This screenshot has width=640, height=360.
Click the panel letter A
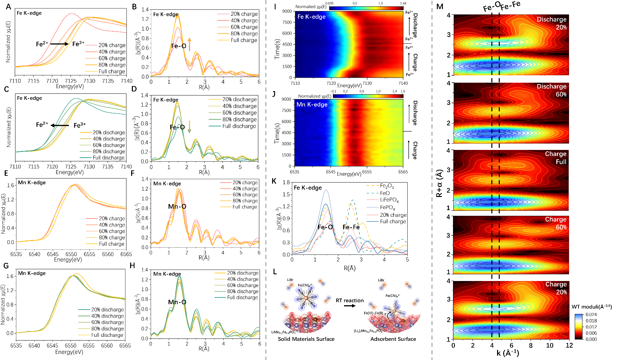pyautogui.click(x=8, y=7)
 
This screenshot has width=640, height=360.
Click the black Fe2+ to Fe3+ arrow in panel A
pyautogui.click(x=60, y=44)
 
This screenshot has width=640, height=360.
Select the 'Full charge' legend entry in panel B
pyautogui.click(x=244, y=40)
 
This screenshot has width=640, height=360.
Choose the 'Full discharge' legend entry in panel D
pyautogui.click(x=239, y=126)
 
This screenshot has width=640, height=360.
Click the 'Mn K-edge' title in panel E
pyautogui.click(x=32, y=183)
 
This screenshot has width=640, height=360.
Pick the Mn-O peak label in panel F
pyautogui.click(x=177, y=206)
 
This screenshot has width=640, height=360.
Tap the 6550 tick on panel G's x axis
pyautogui.click(x=71, y=345)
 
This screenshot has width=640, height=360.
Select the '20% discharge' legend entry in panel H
pyautogui.click(x=242, y=273)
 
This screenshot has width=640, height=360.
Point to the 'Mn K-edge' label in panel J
pyautogui.click(x=312, y=105)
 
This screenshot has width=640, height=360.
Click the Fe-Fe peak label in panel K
pyautogui.click(x=351, y=227)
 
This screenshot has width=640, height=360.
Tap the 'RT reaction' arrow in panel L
pyautogui.click(x=350, y=306)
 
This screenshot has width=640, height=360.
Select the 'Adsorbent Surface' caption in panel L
pyautogui.click(x=393, y=339)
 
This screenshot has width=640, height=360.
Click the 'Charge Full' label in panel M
pyautogui.click(x=556, y=158)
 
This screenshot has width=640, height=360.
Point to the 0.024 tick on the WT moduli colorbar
pyautogui.click(x=591, y=315)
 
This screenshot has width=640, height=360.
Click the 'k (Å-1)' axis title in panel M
pyautogui.click(x=508, y=353)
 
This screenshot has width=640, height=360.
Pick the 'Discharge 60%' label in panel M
pyautogui.click(x=552, y=90)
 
